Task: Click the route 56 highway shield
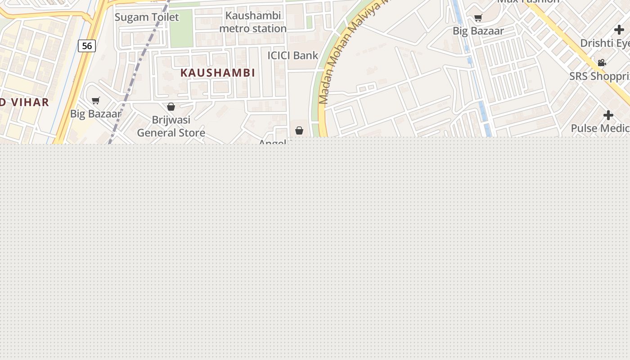pyautogui.click(x=87, y=45)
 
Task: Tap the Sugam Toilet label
pyautogui.click(x=147, y=17)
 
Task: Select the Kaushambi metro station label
pyautogui.click(x=253, y=22)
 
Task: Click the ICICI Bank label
pyautogui.click(x=292, y=55)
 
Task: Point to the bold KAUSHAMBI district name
pyautogui.click(x=218, y=72)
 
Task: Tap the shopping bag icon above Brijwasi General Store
pyautogui.click(x=171, y=107)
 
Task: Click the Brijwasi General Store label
pyautogui.click(x=171, y=126)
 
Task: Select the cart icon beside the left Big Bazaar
pyautogui.click(x=95, y=100)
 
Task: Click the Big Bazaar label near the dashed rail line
pyautogui.click(x=95, y=114)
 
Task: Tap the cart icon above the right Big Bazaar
pyautogui.click(x=478, y=18)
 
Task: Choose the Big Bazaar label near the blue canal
pyautogui.click(x=478, y=31)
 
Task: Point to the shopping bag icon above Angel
pyautogui.click(x=299, y=130)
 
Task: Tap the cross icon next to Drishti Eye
pyautogui.click(x=619, y=30)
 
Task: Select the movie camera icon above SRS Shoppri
pyautogui.click(x=602, y=63)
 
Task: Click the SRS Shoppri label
pyautogui.click(x=599, y=76)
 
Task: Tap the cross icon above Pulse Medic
pyautogui.click(x=608, y=115)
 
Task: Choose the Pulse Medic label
pyautogui.click(x=600, y=128)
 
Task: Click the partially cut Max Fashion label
pyautogui.click(x=528, y=2)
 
